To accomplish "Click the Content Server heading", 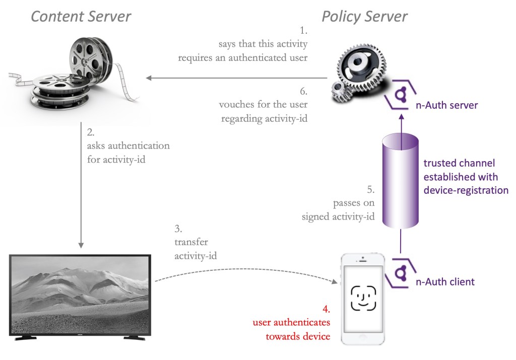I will click(x=81, y=17).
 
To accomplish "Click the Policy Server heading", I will click(x=364, y=17).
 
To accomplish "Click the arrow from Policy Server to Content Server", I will click(x=237, y=78).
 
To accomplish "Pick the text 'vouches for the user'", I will click(x=264, y=105).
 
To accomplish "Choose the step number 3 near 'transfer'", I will click(x=178, y=229).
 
